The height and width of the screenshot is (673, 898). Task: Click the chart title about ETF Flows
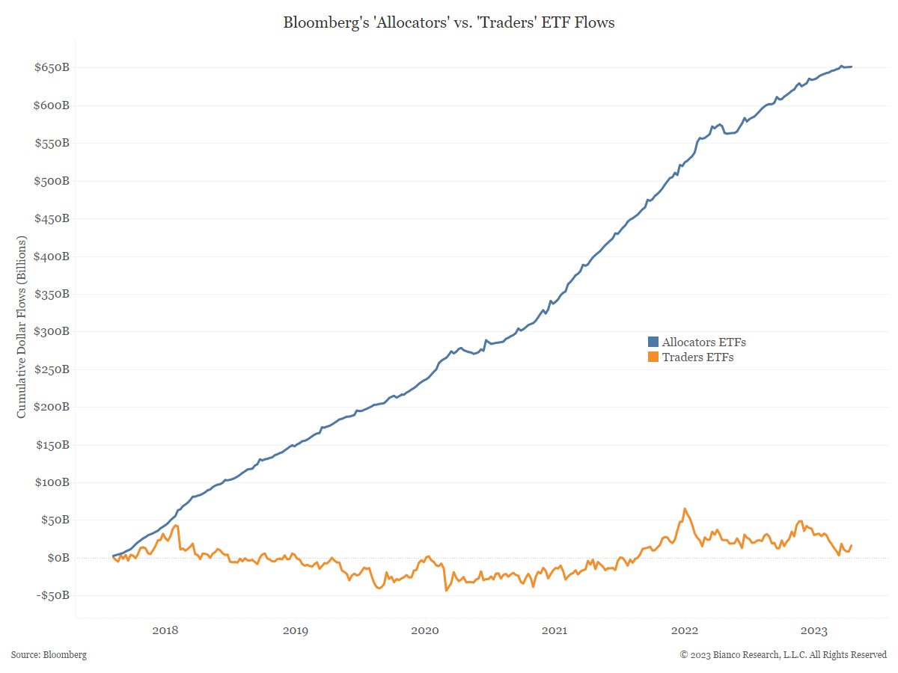(x=449, y=22)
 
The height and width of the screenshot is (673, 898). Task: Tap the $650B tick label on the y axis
(x=52, y=68)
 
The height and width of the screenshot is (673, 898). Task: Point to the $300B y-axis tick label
(x=52, y=332)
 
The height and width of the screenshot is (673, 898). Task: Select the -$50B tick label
(x=52, y=596)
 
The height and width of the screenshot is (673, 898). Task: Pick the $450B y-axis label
(x=52, y=219)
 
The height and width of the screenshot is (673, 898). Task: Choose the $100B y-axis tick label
(x=52, y=482)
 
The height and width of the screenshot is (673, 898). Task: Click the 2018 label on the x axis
(x=165, y=631)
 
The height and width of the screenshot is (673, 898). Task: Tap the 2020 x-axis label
(x=424, y=631)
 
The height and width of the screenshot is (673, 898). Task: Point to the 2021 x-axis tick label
(x=555, y=631)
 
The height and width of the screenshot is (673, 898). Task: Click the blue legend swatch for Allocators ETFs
(x=653, y=342)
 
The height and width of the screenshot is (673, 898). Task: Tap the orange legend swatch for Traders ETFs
(x=653, y=357)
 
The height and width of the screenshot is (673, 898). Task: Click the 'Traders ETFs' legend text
(x=697, y=357)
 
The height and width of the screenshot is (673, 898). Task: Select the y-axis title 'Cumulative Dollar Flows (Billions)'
(x=22, y=327)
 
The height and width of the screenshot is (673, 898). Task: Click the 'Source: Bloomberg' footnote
(x=49, y=655)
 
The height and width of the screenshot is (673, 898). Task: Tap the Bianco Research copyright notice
(x=783, y=655)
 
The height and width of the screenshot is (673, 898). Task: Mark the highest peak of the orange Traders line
(x=684, y=508)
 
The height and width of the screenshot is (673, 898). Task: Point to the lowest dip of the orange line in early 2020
(x=446, y=590)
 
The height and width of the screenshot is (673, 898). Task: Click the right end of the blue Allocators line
(x=852, y=67)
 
